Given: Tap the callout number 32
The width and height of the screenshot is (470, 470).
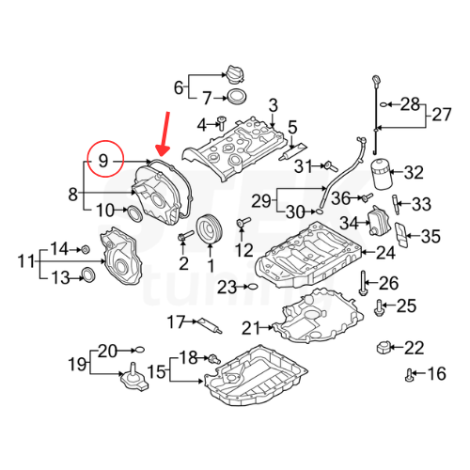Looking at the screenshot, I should [x=415, y=172].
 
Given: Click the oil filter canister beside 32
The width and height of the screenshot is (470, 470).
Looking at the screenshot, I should [x=379, y=174].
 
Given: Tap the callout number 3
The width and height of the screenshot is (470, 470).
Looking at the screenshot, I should [x=274, y=103].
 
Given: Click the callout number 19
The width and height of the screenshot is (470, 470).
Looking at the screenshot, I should [x=76, y=364].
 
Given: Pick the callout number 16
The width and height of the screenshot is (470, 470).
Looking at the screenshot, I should [x=435, y=375].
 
